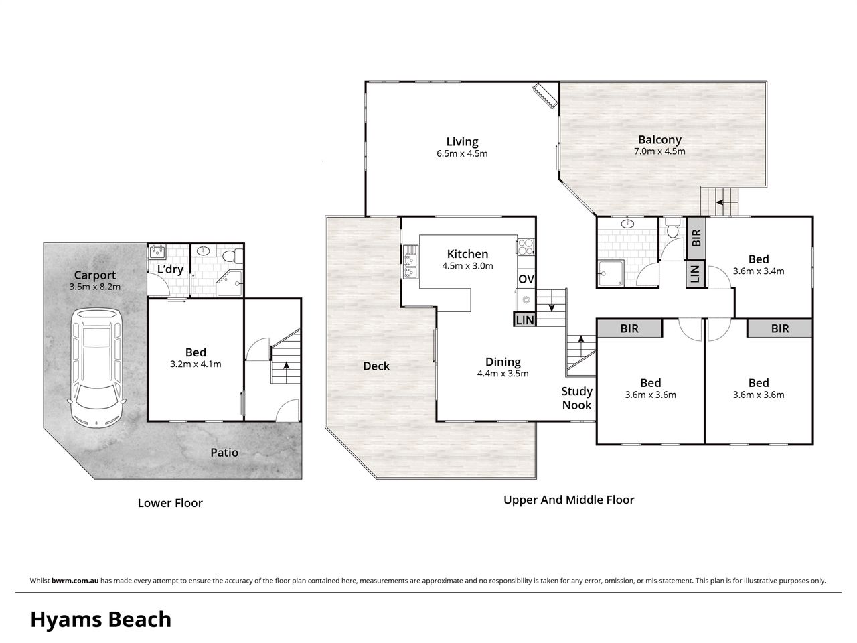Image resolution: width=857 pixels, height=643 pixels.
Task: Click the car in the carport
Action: (96, 367)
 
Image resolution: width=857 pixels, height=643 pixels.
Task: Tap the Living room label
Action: (462, 142)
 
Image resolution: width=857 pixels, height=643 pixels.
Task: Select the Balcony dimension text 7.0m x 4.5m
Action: (659, 151)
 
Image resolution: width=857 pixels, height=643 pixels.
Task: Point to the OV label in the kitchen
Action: (526, 279)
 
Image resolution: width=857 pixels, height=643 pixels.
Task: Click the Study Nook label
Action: (576, 398)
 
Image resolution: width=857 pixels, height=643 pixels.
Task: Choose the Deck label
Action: (376, 366)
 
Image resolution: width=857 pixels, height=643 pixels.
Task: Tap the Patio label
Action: (224, 453)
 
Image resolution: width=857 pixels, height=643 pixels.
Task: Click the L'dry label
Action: (170, 269)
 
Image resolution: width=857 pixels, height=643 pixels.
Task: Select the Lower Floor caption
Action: (170, 503)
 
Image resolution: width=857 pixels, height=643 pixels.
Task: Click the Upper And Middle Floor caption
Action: (569, 500)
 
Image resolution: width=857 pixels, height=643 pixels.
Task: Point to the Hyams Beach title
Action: (101, 620)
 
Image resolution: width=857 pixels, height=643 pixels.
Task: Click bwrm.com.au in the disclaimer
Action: (75, 581)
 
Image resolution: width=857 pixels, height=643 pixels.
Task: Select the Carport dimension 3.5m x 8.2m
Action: (95, 287)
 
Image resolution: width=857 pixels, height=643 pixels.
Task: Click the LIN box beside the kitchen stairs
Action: (524, 319)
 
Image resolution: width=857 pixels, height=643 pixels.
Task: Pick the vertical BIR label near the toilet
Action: (696, 238)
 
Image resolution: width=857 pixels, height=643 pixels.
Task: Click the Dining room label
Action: (503, 362)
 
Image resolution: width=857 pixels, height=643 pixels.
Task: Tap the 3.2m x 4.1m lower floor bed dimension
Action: (196, 364)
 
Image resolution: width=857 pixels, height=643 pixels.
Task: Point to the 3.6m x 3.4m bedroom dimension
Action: (758, 271)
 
